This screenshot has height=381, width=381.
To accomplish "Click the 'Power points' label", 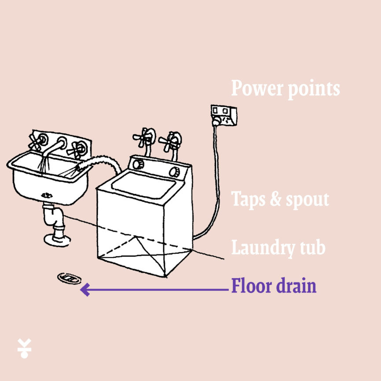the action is pos(286,89).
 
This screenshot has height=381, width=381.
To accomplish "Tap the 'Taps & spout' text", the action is pos(280,199).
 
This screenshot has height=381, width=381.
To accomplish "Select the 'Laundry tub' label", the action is pos(278,247).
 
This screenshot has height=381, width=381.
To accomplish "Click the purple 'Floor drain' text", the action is pos(274,286).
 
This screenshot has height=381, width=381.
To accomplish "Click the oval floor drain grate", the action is pos(69,278).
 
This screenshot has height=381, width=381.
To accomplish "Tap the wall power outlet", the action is pos(224,115).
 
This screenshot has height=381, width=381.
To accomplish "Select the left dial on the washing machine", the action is pos(138,164).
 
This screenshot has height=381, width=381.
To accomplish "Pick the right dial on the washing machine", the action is pos(175,172).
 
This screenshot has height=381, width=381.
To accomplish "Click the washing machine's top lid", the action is pos(143,185).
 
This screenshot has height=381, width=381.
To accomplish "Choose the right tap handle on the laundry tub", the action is pos(77,150).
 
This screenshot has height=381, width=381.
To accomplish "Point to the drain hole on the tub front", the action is pos(47,195).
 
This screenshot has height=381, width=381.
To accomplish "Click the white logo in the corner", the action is pos(24,348).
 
